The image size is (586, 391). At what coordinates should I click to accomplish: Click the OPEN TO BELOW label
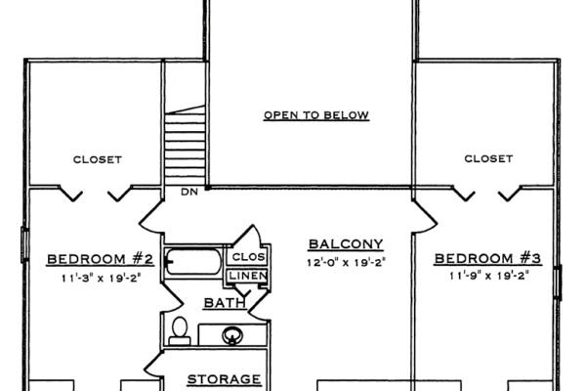315,115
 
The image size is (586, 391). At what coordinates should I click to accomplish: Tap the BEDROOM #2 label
101,259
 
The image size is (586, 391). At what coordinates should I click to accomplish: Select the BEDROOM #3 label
487,258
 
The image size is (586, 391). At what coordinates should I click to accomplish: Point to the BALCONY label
345,243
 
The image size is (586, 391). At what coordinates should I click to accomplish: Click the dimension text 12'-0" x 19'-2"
345,263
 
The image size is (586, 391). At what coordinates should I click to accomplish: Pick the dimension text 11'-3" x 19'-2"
101,277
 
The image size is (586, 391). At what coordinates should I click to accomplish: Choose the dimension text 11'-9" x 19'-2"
487,277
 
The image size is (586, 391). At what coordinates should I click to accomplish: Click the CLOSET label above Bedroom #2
98,158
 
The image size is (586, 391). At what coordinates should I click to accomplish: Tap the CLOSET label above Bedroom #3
488,157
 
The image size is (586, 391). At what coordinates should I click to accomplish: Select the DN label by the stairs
190,192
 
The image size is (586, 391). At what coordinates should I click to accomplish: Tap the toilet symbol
179,330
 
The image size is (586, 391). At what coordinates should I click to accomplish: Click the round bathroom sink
233,335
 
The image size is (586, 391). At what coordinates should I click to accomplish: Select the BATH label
224,304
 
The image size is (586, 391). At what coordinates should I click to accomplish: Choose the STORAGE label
224,378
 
